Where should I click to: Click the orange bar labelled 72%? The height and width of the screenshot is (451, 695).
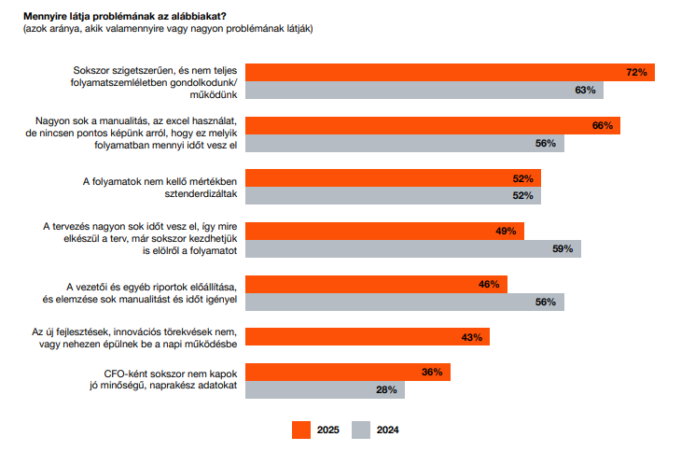point(448,72)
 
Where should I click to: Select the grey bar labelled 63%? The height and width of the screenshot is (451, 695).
point(424,91)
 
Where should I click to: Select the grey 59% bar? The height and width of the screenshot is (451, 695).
point(412,249)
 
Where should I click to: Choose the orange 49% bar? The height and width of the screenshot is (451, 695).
point(384,231)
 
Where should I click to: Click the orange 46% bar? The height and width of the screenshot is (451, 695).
point(376,284)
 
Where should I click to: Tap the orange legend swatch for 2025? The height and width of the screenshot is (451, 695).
point(299,430)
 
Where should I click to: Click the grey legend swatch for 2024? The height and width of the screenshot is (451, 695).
point(361,430)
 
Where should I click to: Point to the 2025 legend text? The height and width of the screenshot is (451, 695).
point(327,430)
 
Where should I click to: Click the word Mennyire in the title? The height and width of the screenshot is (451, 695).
point(46,14)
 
